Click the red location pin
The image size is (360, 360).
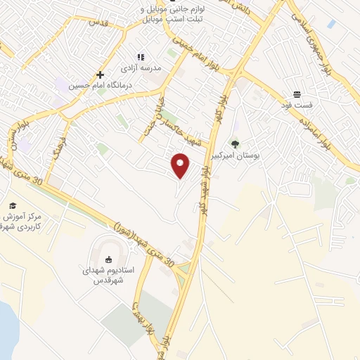click(x=181, y=166)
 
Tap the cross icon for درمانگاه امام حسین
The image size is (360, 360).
click(x=100, y=75)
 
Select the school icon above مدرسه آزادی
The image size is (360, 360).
click(x=140, y=57)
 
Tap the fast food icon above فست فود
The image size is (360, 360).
click(x=297, y=94)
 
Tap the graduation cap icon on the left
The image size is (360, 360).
click(x=12, y=205)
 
